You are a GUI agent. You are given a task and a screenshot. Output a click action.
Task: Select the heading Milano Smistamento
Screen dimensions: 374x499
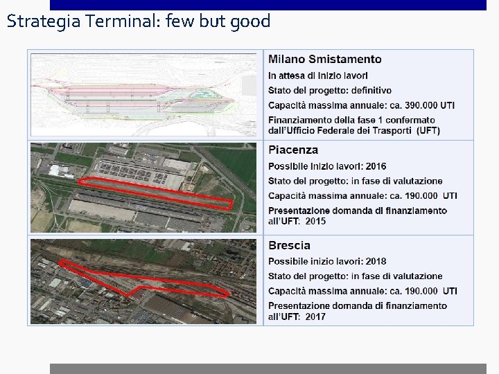point(324,60)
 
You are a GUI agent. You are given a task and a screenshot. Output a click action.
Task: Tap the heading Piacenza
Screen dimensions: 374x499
point(293,150)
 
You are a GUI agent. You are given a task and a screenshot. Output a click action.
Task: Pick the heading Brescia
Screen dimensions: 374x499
point(289,245)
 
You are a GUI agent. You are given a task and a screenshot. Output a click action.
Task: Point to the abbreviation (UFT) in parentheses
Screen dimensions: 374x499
point(428,130)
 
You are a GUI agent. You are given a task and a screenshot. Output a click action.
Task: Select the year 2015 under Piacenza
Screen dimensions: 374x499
point(315,221)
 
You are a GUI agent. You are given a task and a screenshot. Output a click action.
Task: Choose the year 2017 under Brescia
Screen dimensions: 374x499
point(315,317)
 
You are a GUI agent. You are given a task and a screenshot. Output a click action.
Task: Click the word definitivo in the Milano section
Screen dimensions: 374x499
point(367,90)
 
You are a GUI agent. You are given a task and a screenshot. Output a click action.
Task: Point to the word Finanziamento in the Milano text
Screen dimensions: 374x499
point(299,121)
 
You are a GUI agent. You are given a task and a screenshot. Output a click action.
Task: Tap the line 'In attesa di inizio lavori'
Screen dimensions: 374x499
point(318,75)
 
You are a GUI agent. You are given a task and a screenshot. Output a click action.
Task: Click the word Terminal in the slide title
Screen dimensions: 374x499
point(116,21)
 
